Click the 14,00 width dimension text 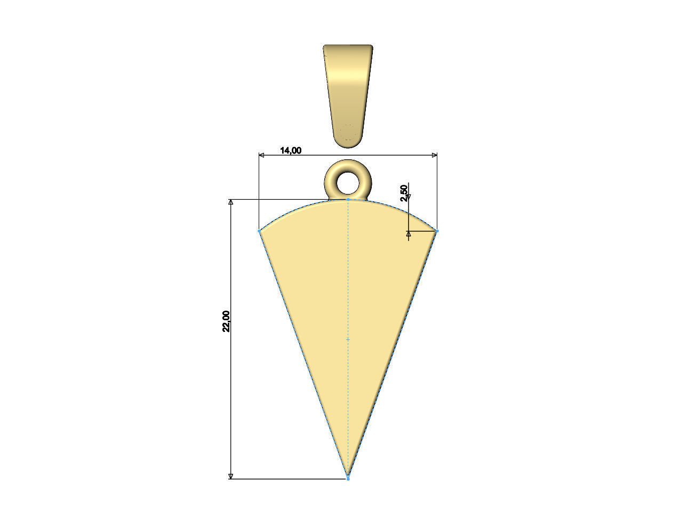pos(291,150)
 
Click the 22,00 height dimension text pos(227,321)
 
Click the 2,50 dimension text pos(404,192)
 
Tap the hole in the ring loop pos(348,182)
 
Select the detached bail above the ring pos(348,93)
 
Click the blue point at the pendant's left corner pos(260,231)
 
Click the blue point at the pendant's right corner pos(437,231)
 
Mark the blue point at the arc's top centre pos(348,199)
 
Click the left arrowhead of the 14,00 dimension pos(261,155)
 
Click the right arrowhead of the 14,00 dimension pos(435,155)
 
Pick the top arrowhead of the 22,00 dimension pos(231,202)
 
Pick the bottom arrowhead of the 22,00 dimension pos(231,476)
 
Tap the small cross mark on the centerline pos(348,339)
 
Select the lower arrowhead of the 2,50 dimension pos(409,233)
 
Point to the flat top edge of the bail pos(348,46)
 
